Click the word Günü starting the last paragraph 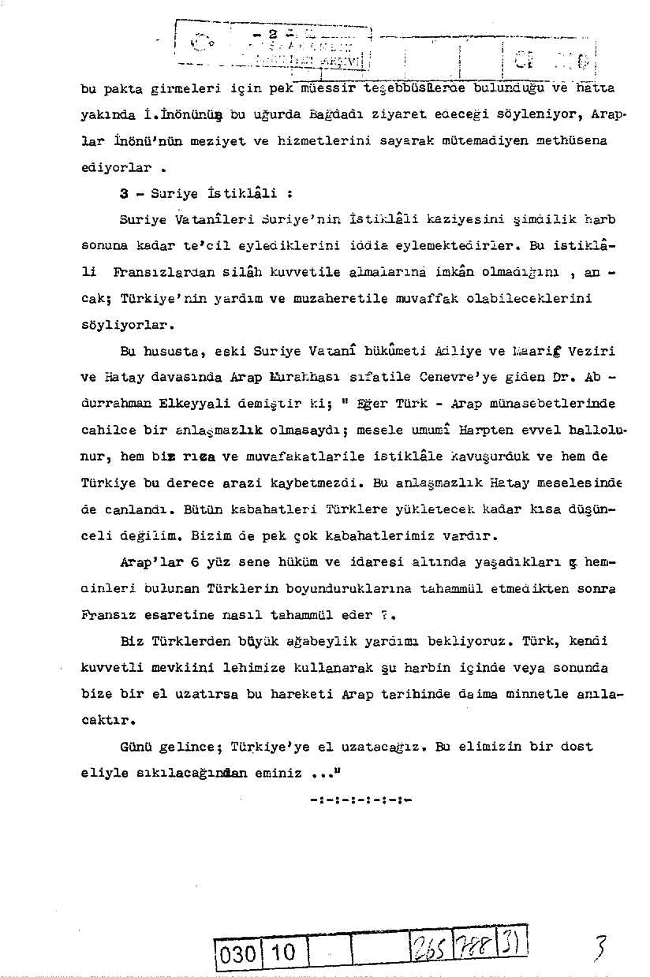point(134,747)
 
